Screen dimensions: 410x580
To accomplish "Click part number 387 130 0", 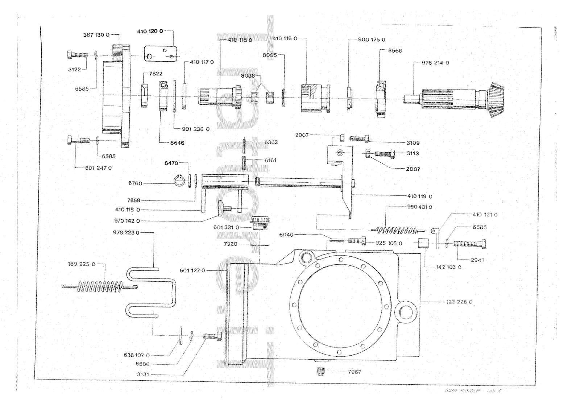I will coord(96,35).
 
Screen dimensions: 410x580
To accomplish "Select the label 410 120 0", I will coord(150,31).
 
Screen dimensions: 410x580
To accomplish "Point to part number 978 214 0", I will coord(435,63).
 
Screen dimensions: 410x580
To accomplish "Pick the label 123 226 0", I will coord(459,302).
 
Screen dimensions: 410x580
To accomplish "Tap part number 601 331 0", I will coord(226,227).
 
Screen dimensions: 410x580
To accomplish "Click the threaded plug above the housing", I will coord(260,222).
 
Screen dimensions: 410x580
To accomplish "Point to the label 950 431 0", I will coord(419,207).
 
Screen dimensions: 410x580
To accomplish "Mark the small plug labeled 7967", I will coord(320,371).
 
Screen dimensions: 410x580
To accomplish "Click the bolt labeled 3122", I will coord(77,55).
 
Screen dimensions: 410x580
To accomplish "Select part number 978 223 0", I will coord(126,232).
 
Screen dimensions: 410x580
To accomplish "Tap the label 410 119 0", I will coord(420,196).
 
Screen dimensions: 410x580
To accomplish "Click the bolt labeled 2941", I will coord(470,243).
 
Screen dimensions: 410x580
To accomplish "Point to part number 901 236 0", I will coord(196,129).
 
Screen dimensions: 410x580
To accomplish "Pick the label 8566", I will coord(395,51).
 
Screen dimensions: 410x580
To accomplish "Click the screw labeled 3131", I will coord(210,336).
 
